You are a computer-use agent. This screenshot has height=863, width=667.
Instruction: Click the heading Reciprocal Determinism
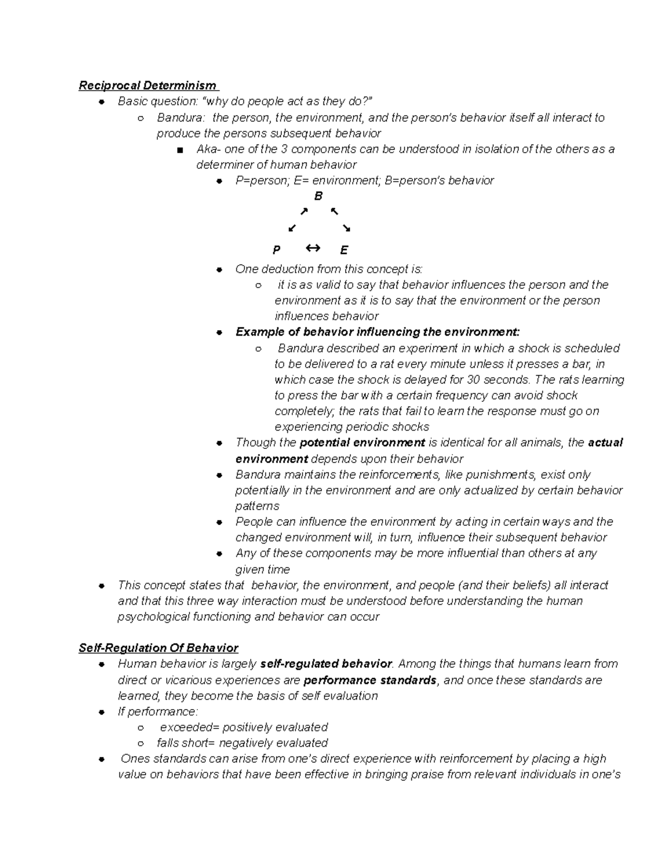148,86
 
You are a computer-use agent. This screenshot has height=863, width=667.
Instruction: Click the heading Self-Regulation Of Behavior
158,648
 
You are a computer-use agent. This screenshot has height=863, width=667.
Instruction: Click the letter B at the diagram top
318,196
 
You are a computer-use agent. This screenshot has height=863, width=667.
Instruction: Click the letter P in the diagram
276,250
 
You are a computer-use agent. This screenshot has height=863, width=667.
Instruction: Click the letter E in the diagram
344,250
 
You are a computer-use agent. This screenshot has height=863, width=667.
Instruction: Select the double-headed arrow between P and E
312,248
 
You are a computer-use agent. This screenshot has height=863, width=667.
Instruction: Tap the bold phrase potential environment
362,443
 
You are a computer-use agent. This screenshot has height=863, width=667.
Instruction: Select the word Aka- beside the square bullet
209,149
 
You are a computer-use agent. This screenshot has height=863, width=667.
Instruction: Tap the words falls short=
186,743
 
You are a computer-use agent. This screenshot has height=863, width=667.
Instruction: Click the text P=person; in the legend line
260,181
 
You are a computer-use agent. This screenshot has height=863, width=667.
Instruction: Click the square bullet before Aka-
178,150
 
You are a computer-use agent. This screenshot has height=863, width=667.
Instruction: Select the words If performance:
158,712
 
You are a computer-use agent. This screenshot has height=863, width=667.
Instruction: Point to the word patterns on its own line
257,506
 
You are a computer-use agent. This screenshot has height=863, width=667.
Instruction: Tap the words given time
262,570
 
